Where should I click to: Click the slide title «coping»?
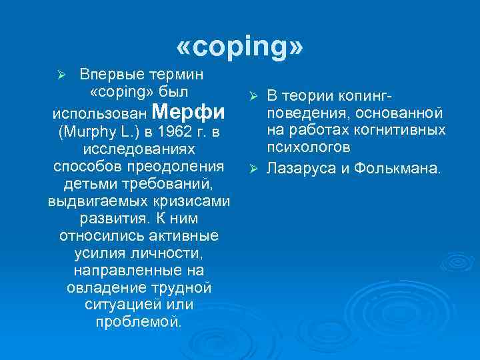coord(240,47)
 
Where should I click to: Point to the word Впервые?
coord(107,73)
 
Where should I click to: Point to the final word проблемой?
coord(138,322)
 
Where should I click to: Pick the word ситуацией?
coord(123,305)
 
